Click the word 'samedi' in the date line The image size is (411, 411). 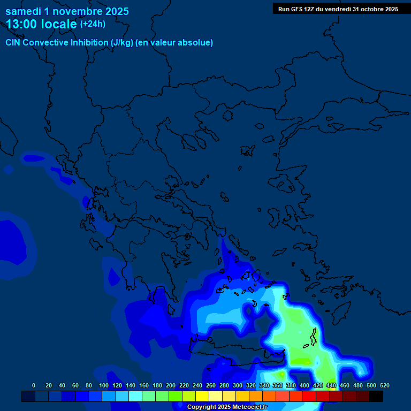coord(23,11)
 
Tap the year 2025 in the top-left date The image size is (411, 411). coord(113,11)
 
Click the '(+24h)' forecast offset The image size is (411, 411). coord(93,24)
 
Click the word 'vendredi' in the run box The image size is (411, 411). coord(340,9)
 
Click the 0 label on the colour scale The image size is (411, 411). coord(34,386)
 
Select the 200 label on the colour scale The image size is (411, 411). coord(170,386)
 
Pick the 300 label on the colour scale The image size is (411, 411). coord(237,386)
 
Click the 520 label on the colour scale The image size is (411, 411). coord(384,386)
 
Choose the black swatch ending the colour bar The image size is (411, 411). coord(376,396)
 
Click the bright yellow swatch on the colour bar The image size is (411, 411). coord(202,396)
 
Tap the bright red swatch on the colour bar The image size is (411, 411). coord(309,396)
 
